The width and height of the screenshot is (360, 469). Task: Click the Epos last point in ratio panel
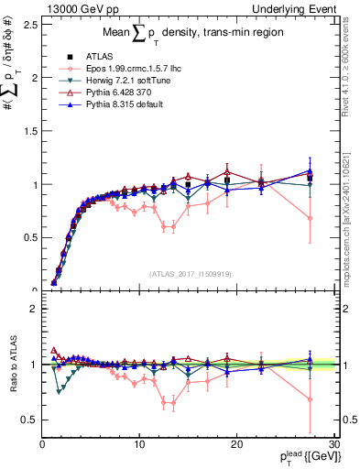click(x=310, y=399)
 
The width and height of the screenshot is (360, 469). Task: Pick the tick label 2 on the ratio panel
click(x=33, y=309)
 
